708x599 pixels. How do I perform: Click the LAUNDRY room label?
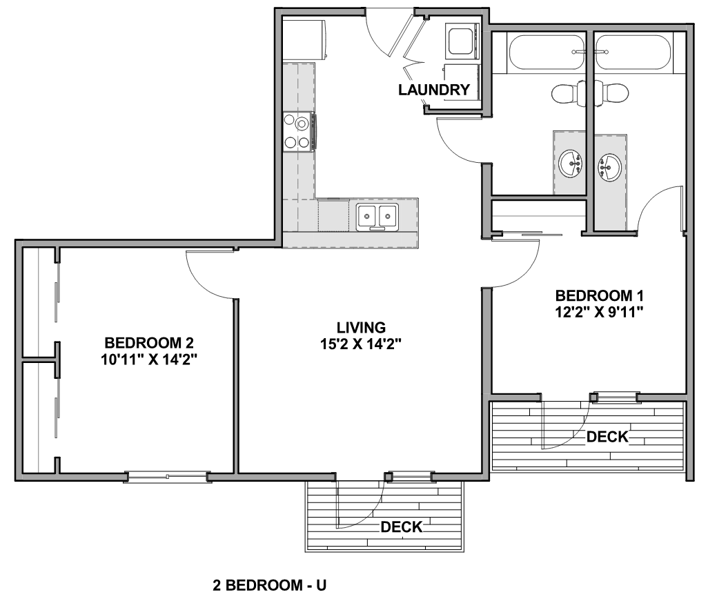pyautogui.click(x=434, y=90)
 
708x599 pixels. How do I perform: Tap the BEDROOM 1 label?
pyautogui.click(x=599, y=295)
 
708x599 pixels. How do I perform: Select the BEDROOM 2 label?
pyautogui.click(x=149, y=343)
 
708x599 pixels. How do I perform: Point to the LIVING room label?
pyautogui.click(x=361, y=327)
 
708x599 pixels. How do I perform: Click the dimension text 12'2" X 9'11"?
pyautogui.click(x=599, y=312)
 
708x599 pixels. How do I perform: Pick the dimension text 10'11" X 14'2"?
pyautogui.click(x=150, y=360)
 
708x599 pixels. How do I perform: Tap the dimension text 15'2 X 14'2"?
pyautogui.click(x=361, y=344)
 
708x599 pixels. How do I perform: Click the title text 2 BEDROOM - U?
pyautogui.click(x=270, y=585)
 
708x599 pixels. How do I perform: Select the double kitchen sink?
pyautogui.click(x=377, y=217)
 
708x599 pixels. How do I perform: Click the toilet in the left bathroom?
pyautogui.click(x=569, y=93)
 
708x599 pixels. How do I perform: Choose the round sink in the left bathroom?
pyautogui.click(x=571, y=164)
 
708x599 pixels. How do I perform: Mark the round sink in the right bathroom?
pyautogui.click(x=609, y=167)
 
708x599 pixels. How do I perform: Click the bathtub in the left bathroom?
pyautogui.click(x=547, y=52)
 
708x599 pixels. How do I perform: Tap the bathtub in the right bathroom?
pyautogui.click(x=633, y=52)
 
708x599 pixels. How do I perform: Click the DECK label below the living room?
pyautogui.click(x=402, y=527)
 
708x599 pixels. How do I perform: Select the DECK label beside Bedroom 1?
pyautogui.click(x=607, y=437)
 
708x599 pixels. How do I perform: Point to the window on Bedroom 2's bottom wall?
pyautogui.click(x=168, y=477)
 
